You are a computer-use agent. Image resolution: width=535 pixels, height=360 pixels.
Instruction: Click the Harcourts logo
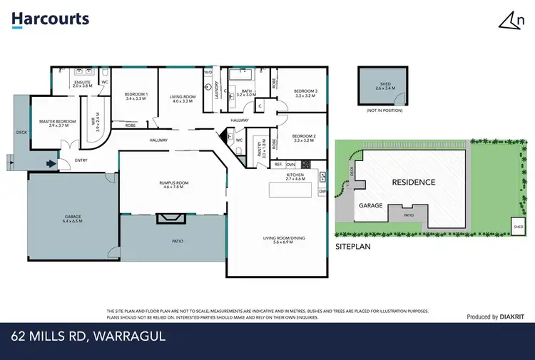(50, 19)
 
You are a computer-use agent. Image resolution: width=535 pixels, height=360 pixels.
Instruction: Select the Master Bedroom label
(57, 123)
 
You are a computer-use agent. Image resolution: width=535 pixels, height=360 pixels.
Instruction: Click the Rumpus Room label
(173, 185)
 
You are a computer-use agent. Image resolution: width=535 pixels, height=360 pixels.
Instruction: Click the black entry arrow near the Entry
(51, 163)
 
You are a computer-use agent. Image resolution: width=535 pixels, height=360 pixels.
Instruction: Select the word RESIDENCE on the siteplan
(413, 182)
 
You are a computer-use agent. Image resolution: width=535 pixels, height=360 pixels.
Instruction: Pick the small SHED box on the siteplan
(518, 226)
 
